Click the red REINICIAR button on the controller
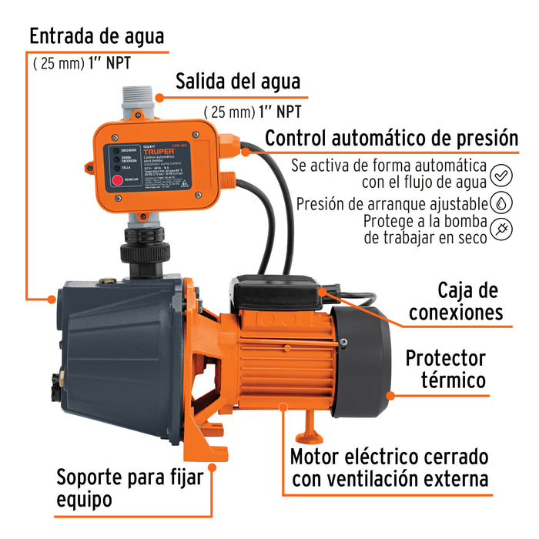tap(118, 182)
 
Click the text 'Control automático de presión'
tap(392, 138)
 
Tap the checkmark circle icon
tap(501, 175)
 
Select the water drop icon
tap(501, 203)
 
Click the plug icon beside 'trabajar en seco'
tap(501, 230)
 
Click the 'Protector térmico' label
tap(446, 369)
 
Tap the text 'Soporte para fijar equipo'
tap(129, 487)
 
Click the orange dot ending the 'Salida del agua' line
tap(159, 98)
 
